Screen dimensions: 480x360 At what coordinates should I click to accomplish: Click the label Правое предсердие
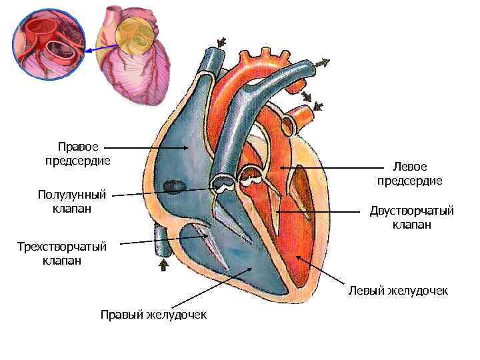[77, 153]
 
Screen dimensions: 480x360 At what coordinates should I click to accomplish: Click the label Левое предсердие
[409, 173]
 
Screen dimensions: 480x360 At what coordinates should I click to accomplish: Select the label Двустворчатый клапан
[411, 218]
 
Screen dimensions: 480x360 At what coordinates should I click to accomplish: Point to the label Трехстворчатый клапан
[61, 253]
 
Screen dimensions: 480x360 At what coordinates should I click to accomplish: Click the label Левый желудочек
[398, 291]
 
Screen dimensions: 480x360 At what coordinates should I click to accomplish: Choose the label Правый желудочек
[153, 315]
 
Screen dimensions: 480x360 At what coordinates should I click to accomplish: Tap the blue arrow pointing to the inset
[100, 49]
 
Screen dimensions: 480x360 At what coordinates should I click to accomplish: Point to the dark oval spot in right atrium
[175, 184]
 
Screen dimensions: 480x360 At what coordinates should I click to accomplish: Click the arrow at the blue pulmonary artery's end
[322, 63]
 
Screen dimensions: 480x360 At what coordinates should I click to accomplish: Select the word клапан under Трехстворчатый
[61, 261]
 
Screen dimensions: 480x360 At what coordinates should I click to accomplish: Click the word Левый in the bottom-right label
[363, 291]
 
